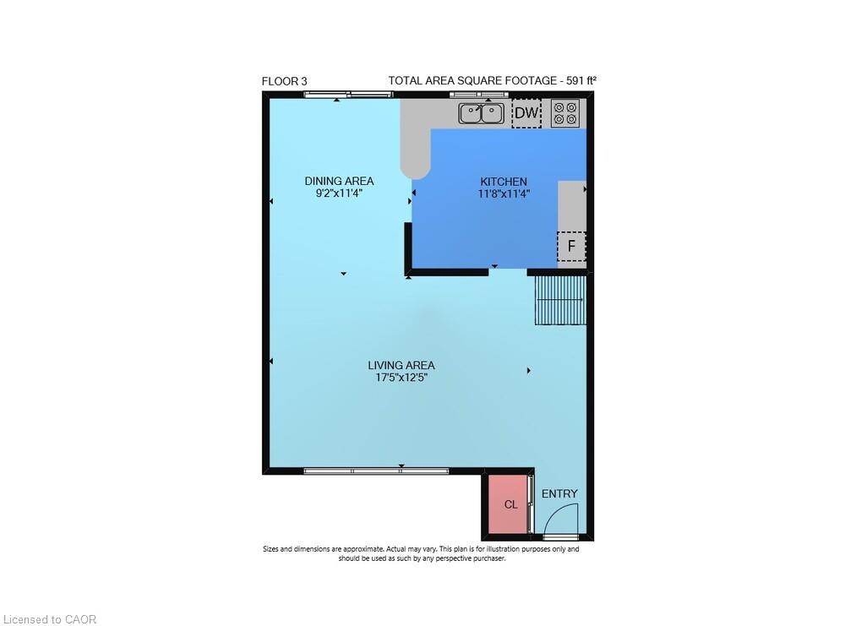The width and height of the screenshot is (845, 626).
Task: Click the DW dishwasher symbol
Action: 526,113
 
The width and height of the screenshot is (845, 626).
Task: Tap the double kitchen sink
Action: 482,113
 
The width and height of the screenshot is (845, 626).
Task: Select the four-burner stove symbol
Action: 564,113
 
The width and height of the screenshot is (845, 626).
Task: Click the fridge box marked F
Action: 571,247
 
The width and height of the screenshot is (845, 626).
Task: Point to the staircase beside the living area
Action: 560,300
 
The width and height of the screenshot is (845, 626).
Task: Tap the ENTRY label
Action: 559,494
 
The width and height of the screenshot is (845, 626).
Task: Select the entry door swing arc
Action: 563,517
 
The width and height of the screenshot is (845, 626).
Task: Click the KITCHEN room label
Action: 504,182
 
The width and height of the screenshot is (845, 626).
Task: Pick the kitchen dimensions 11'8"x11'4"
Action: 504,193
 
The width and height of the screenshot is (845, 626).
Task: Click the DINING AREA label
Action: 339,181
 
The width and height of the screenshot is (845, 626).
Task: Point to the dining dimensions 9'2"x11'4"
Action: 339,193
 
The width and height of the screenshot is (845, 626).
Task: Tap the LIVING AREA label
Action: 401,365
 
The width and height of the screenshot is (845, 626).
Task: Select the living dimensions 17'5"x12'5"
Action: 401,378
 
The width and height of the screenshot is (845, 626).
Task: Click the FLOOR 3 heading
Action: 285,81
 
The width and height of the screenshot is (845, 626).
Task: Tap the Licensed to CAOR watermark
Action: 49,619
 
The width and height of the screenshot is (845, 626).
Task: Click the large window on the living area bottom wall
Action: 376,471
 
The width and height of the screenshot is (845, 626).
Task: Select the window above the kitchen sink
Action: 477,95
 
